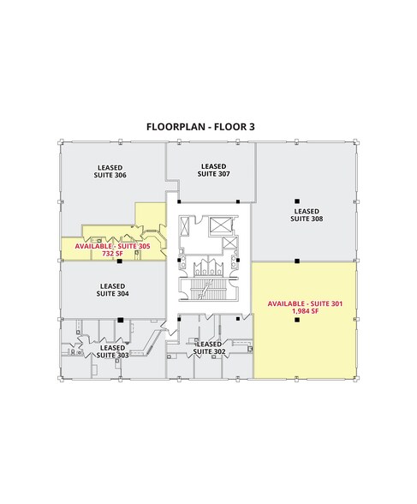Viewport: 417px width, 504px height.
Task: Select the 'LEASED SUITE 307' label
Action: [x=212, y=170]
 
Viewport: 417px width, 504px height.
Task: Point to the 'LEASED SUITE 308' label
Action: [x=306, y=214]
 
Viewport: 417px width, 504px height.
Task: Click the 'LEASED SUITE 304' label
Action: [x=113, y=290]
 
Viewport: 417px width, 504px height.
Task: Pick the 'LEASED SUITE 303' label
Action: [x=112, y=351]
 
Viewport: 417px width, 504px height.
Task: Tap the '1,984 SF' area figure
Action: [x=306, y=312]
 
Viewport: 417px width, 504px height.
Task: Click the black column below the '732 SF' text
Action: [x=120, y=261]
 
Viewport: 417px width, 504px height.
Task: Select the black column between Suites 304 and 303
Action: [x=120, y=320]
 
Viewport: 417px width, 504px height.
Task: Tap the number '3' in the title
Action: [x=252, y=127]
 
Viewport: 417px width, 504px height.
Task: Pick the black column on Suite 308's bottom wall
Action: [x=296, y=260]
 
